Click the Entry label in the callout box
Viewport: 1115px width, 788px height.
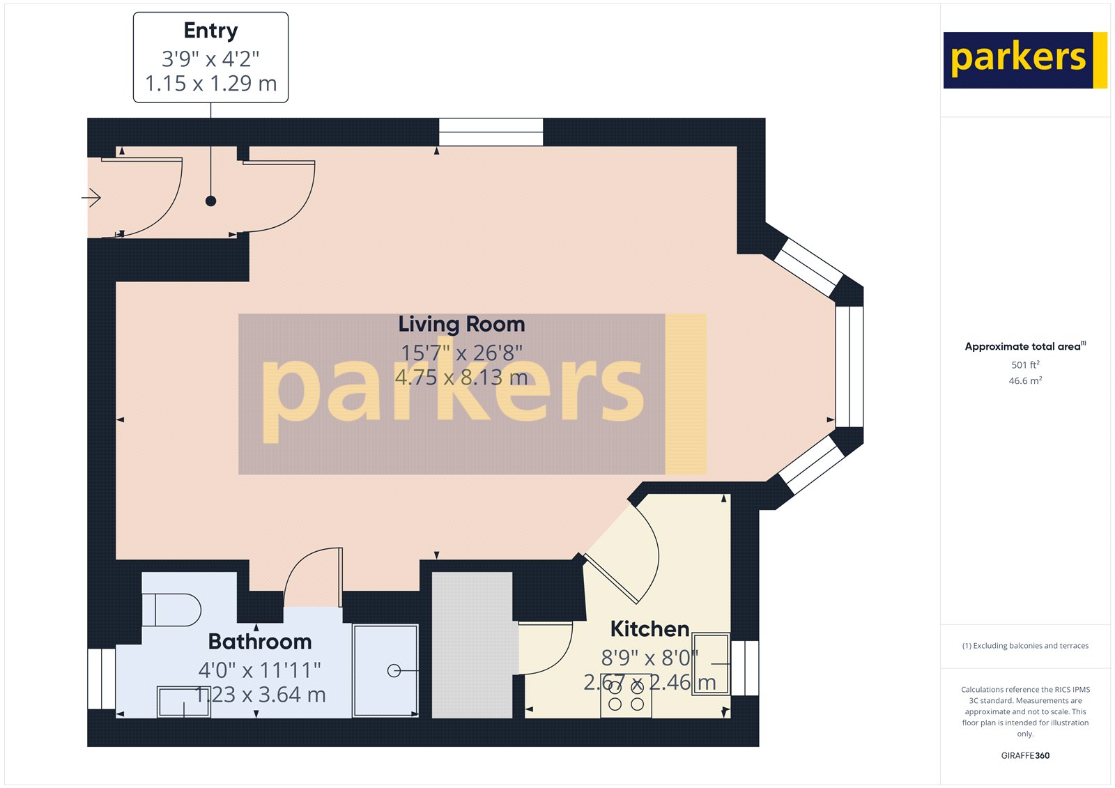click(x=210, y=31)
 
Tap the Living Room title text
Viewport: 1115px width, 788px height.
click(x=461, y=324)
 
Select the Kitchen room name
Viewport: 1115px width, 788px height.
click(x=649, y=629)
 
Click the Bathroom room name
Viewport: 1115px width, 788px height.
click(x=259, y=641)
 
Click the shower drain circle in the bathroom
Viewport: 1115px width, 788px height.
click(x=394, y=671)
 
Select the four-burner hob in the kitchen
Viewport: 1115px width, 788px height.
click(x=626, y=695)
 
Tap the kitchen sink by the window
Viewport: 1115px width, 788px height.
click(x=711, y=663)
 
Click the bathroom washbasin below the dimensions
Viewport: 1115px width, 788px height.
click(x=183, y=702)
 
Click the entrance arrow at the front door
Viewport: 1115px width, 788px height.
click(x=92, y=199)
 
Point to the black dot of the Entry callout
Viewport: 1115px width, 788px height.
click(x=210, y=201)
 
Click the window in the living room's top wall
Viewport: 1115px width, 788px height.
click(x=491, y=132)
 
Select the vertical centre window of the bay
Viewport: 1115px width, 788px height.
click(x=849, y=366)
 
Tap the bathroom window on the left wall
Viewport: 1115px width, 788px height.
click(x=101, y=679)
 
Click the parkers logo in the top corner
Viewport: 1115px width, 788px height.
click(x=1024, y=60)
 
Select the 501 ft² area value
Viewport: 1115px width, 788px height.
click(x=1025, y=365)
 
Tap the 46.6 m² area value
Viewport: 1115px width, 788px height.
click(x=1025, y=381)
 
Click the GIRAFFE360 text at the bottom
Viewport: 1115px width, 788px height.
click(x=1025, y=755)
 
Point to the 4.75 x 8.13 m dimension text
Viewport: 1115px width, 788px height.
click(x=461, y=378)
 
